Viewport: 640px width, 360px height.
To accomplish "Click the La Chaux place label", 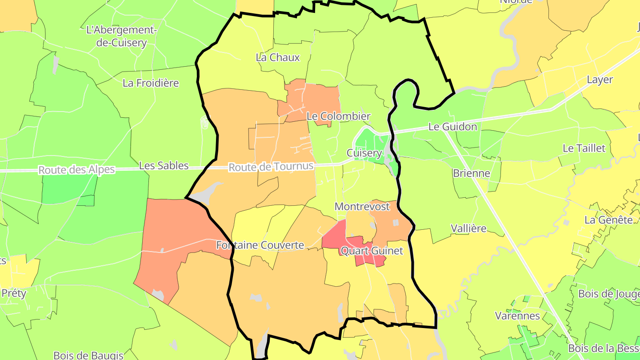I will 278,57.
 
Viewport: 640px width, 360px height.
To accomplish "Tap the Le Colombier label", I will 338,116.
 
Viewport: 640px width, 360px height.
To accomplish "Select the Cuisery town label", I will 364,153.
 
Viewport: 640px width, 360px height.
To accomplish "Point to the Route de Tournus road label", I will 271,168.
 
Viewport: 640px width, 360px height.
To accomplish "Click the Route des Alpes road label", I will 76,170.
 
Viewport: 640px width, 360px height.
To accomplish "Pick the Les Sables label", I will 164,166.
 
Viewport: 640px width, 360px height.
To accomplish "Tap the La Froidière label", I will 151,83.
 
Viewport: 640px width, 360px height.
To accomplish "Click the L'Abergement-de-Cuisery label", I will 122,36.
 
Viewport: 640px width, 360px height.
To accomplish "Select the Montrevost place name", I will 362,207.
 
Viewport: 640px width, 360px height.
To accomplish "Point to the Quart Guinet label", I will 372,251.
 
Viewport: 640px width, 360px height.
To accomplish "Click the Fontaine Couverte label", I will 260,245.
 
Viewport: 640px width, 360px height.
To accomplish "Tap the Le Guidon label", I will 452,127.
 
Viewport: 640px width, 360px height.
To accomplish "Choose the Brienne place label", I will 471,173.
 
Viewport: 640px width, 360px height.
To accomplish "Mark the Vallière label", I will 468,228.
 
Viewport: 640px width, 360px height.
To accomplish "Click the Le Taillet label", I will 584,148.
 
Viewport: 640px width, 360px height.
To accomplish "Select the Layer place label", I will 600,80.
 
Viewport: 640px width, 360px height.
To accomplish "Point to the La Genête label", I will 608,220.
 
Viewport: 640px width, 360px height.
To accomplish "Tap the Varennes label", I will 517,316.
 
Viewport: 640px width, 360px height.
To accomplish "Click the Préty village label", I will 14,293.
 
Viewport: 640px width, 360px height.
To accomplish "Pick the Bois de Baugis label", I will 88,355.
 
